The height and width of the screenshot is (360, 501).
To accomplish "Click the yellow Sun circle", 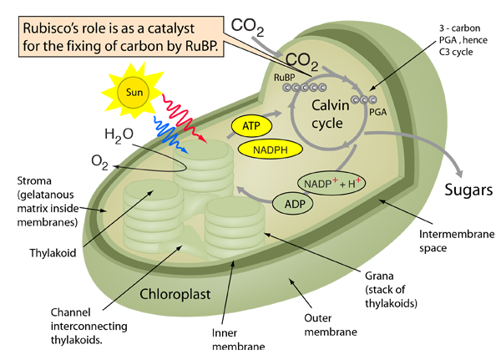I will coord(129,91).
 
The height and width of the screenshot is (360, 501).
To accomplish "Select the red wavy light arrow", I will coord(193,129).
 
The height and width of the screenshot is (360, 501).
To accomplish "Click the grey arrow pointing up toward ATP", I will coord(268,112).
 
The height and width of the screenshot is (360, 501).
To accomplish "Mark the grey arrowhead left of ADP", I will coord(238,190).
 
